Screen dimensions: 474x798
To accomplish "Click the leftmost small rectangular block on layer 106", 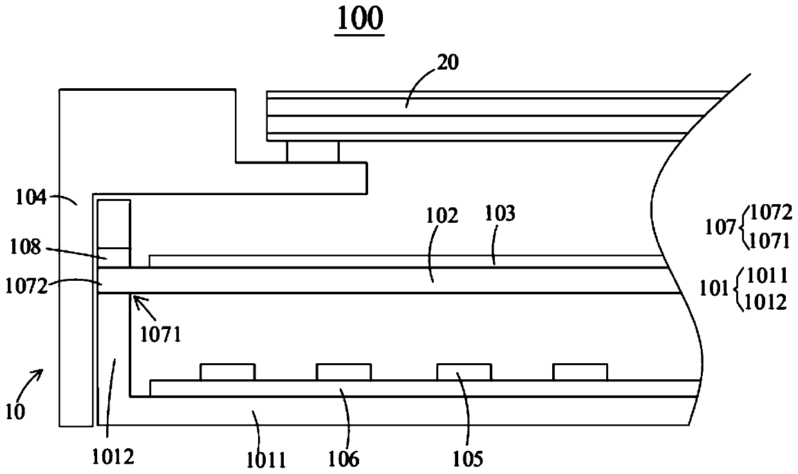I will pyautogui.click(x=227, y=372).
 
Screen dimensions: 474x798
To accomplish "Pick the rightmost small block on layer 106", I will pyautogui.click(x=580, y=372).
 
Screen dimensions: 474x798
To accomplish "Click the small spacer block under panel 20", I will pyautogui.click(x=312, y=152).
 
